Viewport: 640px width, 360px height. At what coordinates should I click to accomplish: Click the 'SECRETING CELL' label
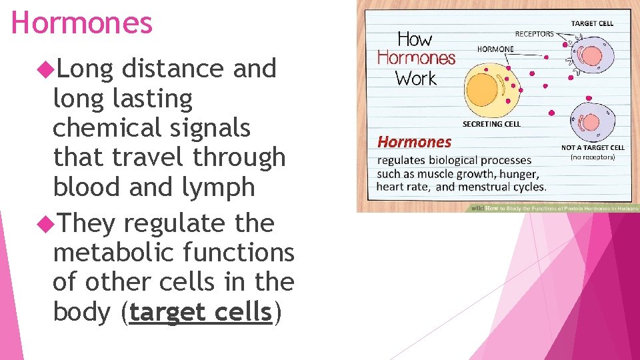[491, 124]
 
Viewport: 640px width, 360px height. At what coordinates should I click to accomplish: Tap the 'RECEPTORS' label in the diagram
[534, 34]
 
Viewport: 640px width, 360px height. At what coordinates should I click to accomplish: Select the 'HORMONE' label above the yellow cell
[495, 49]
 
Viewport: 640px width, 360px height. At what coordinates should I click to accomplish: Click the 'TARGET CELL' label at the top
[592, 23]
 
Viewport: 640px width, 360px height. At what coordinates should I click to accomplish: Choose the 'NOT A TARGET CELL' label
[593, 147]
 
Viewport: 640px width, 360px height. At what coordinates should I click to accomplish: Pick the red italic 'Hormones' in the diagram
[414, 142]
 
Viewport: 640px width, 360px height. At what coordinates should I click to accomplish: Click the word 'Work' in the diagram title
[416, 79]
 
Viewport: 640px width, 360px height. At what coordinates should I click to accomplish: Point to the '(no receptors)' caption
[593, 157]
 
